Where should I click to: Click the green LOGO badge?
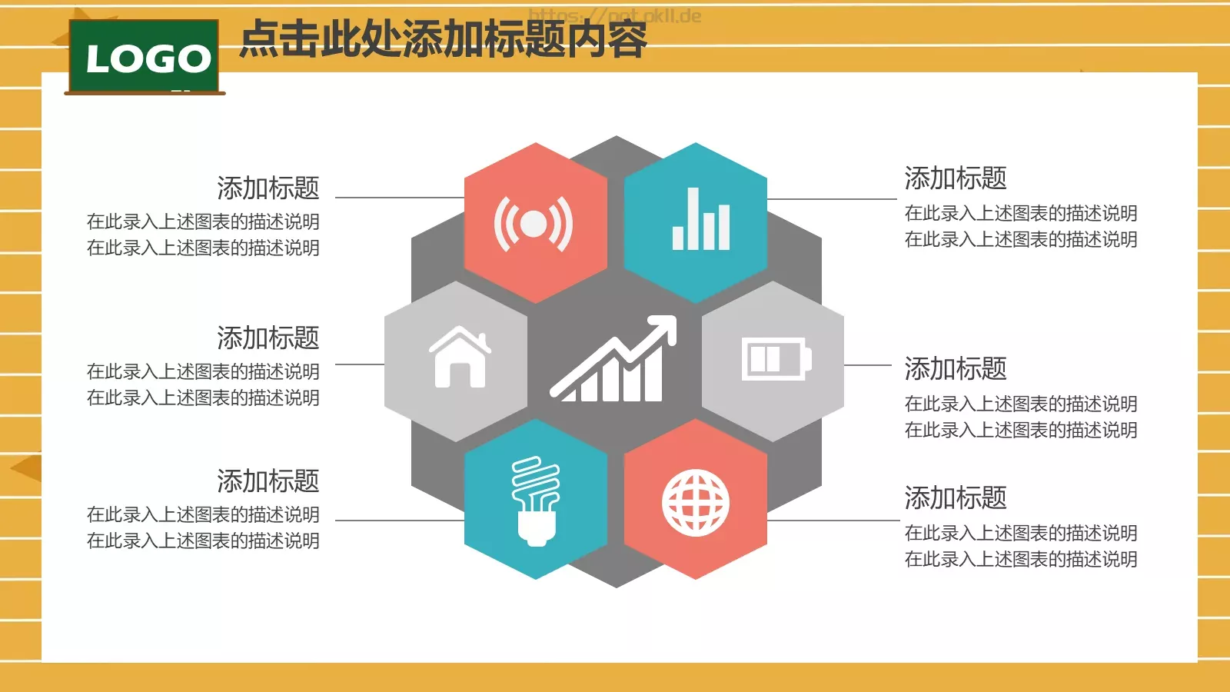[145, 58]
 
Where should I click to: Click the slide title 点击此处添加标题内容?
[443, 39]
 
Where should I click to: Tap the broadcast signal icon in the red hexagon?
[534, 224]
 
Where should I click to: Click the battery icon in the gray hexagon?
[776, 358]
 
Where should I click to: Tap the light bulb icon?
[536, 501]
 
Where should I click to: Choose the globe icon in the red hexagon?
[696, 503]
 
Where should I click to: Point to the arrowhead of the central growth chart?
[666, 325]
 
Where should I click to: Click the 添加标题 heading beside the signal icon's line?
[268, 188]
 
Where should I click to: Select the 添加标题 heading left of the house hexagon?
[268, 338]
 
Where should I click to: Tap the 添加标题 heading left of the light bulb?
[268, 481]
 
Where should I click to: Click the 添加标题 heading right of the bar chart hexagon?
[955, 178]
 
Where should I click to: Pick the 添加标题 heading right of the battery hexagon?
[955, 369]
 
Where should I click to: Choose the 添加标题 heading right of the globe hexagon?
[955, 498]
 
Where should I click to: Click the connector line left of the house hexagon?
[360, 364]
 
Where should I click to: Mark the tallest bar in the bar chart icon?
[693, 218]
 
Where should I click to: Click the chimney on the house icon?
[484, 339]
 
